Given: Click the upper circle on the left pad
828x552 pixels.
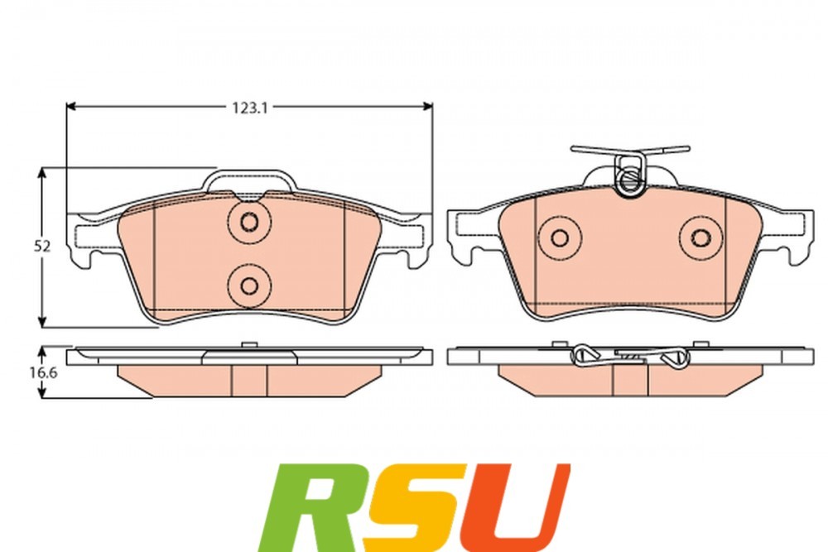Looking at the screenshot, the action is coord(249,222).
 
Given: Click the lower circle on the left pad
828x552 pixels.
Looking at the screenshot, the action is coord(249,285).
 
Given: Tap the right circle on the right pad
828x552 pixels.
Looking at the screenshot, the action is coord(701,238).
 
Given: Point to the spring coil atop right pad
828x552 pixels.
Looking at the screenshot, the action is coord(628,176).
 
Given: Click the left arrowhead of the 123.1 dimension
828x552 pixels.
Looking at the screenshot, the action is coord(71,106).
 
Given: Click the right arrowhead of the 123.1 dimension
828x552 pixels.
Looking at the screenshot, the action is coord(427,106).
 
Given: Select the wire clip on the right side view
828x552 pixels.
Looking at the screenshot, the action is coord(630,357).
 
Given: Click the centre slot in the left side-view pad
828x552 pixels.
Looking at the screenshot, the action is coord(249,380).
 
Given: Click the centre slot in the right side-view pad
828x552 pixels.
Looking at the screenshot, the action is coord(630,380).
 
